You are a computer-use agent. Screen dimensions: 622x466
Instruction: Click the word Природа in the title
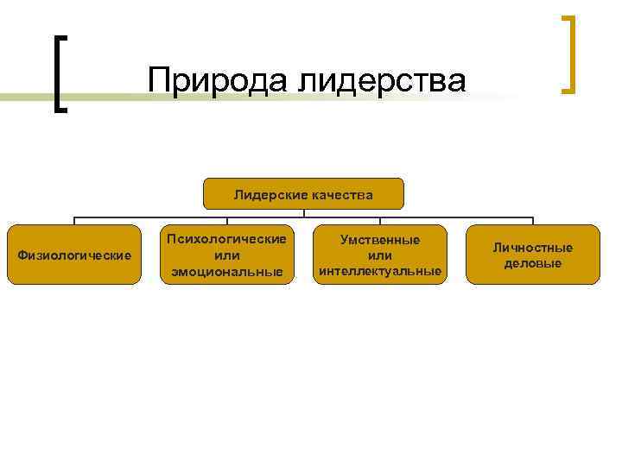218,80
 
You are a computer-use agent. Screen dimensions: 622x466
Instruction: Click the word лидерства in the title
382,80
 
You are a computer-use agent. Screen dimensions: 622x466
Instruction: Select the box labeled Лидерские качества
303,194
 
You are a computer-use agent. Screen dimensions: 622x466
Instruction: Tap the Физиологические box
73,255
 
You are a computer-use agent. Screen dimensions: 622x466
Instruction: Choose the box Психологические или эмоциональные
227,255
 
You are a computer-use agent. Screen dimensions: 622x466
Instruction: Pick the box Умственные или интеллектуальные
380,255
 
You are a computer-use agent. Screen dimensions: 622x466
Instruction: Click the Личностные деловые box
532,255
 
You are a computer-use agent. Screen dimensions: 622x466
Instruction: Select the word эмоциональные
227,272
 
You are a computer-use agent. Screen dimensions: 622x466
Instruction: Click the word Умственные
380,239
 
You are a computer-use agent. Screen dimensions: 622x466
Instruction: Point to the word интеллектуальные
380,272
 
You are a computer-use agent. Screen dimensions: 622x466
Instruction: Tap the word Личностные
532,248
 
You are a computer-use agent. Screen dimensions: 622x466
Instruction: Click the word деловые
532,263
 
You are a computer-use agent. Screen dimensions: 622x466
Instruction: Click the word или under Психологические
227,255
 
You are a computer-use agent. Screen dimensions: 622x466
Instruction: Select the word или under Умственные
380,255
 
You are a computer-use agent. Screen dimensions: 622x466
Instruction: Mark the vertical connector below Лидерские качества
303,213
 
